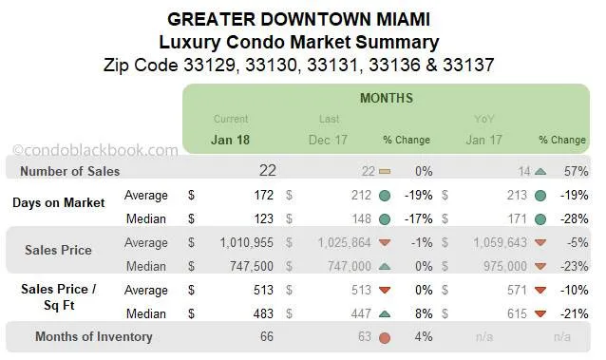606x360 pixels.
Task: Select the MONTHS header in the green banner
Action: (x=386, y=98)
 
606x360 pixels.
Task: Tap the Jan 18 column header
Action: (x=231, y=140)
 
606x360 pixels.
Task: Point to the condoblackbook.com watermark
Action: (x=95, y=150)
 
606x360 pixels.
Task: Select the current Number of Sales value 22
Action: (x=267, y=171)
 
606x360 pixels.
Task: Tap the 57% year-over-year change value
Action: (x=575, y=172)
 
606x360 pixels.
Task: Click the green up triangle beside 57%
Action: (x=540, y=172)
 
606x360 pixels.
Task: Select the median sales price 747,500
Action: (x=248, y=267)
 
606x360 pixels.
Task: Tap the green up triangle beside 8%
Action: (x=384, y=313)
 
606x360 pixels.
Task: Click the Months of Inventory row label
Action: (x=93, y=336)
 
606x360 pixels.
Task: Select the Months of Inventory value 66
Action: (x=267, y=336)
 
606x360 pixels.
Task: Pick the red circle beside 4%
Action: (x=384, y=336)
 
